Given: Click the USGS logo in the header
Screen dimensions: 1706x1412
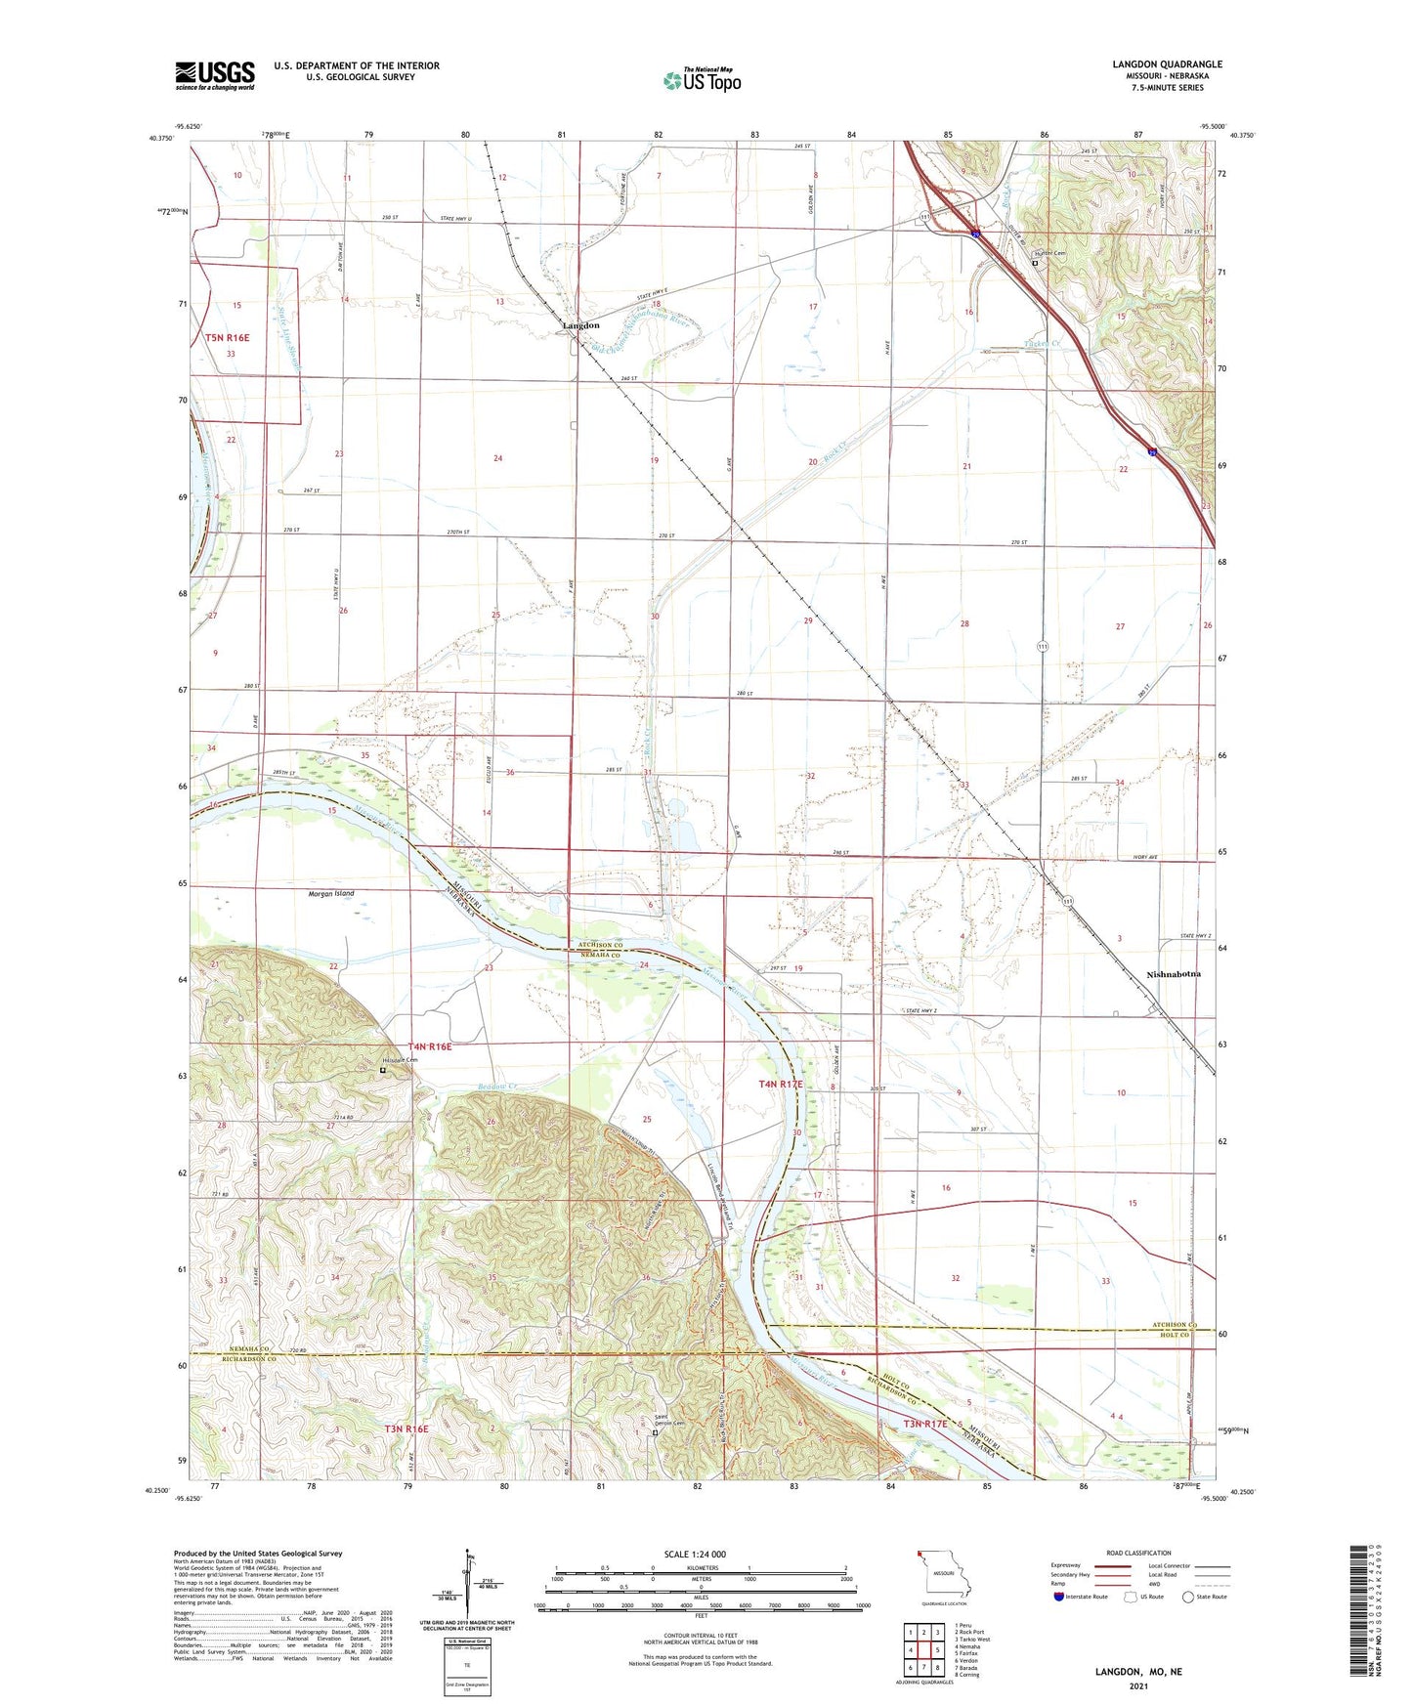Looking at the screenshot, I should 215,75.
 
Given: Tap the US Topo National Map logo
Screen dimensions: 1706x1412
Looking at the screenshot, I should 702,80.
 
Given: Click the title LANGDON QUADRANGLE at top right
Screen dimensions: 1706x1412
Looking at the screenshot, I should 1167,64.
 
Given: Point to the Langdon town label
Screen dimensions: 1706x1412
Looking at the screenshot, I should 580,325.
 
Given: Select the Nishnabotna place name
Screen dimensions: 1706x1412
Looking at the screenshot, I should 1173,974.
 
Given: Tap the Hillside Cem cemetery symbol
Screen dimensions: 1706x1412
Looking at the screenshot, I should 383,1071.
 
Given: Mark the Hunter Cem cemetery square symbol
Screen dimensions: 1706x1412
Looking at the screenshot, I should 1035,262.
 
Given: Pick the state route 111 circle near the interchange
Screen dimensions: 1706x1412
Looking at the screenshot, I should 923,216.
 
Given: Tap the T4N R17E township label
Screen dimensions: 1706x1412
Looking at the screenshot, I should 781,1085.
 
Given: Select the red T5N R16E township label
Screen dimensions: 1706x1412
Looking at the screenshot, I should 228,338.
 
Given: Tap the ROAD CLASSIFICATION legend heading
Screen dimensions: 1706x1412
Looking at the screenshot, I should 1138,1553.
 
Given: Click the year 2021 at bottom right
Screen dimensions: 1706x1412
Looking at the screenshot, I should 1137,1685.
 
